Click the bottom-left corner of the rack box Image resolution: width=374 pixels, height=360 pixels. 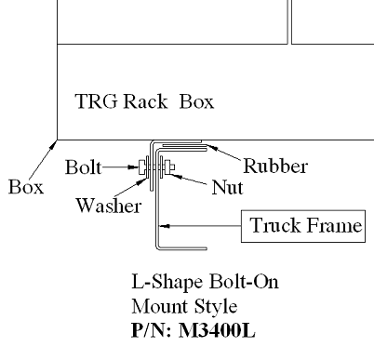(x=58, y=140)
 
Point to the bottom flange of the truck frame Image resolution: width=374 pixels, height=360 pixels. (x=176, y=248)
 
